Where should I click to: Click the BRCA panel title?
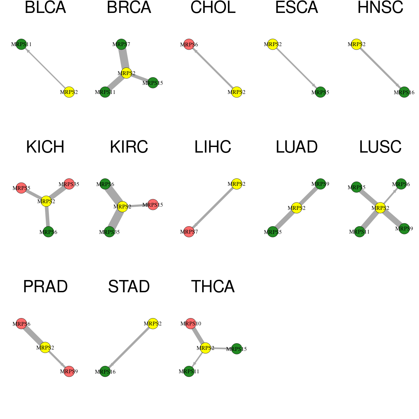click(129, 7)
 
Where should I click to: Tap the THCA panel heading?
click(213, 286)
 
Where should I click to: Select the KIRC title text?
click(129, 147)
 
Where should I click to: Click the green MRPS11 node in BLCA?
click(21, 44)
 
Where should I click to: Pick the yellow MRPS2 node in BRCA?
click(126, 73)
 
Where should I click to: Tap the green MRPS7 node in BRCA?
click(121, 44)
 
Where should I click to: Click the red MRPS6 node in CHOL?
click(189, 44)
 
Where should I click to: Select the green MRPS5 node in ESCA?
click(320, 92)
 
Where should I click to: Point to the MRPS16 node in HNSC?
click(404, 92)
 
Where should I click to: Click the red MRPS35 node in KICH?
click(69, 184)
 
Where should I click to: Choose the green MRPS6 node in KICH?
click(48, 232)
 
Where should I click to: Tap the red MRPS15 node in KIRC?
click(153, 205)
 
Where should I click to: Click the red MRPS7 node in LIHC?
click(189, 232)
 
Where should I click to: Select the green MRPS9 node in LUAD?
click(320, 184)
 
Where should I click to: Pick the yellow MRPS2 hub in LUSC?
click(380, 208)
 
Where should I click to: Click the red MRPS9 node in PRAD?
click(69, 372)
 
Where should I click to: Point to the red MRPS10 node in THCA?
click(191, 324)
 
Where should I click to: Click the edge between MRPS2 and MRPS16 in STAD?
click(129, 347)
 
